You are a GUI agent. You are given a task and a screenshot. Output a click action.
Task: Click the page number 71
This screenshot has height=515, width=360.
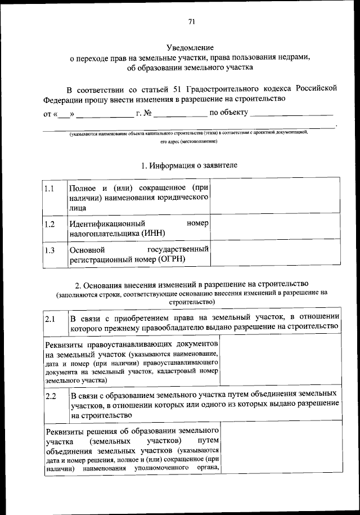(191, 23)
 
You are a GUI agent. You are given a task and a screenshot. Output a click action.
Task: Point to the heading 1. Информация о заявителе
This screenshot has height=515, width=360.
(189, 165)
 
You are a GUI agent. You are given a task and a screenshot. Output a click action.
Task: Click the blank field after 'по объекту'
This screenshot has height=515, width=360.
(292, 114)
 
